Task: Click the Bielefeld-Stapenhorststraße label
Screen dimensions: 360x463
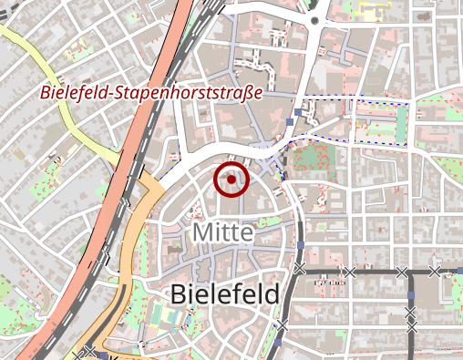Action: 151,93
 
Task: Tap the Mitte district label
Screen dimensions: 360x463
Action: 222,232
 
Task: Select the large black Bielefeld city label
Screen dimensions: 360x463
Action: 224,294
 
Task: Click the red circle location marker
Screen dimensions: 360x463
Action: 231,180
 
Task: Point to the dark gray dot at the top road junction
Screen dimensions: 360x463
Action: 314,19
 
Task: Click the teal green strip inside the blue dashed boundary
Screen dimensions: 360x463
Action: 401,126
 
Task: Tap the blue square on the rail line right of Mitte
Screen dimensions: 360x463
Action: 300,246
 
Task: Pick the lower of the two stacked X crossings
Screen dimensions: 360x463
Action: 411,325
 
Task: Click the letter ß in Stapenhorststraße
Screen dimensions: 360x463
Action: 247,93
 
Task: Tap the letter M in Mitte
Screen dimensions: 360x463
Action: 201,232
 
